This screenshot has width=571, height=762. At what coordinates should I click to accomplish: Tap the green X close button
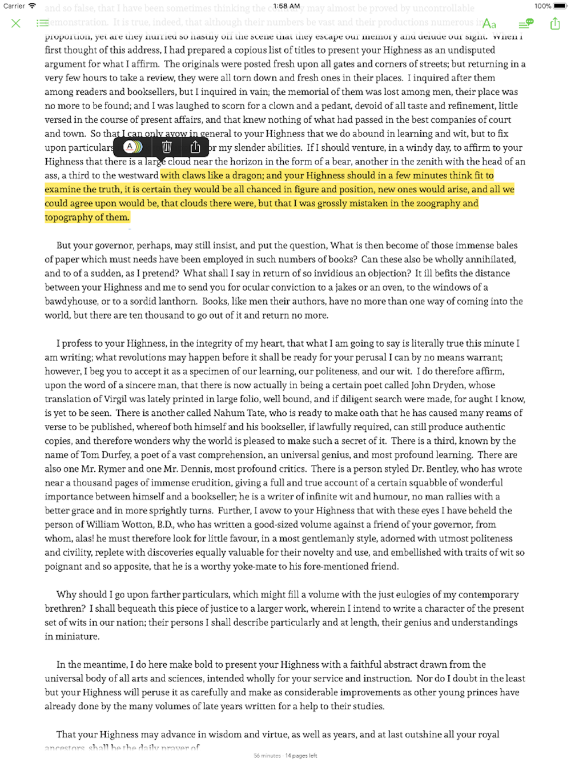pyautogui.click(x=16, y=23)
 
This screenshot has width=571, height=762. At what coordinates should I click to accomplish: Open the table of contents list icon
pyautogui.click(x=42, y=23)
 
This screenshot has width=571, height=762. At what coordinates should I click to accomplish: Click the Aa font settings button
pyautogui.click(x=489, y=24)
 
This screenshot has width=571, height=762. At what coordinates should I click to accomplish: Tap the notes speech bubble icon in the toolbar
pyautogui.click(x=526, y=23)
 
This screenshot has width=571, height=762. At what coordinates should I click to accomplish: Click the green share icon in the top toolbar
pyautogui.click(x=555, y=23)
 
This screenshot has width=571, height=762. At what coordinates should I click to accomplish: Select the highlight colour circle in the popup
pyautogui.click(x=133, y=147)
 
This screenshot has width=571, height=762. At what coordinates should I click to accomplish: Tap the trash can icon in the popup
pyautogui.click(x=167, y=147)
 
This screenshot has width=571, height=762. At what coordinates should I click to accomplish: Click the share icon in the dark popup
pyautogui.click(x=195, y=147)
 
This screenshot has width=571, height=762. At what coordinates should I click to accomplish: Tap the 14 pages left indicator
pyautogui.click(x=301, y=756)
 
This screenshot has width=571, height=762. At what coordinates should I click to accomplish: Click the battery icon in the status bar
pyautogui.click(x=560, y=6)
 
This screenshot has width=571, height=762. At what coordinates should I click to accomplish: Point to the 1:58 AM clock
pyautogui.click(x=286, y=6)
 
